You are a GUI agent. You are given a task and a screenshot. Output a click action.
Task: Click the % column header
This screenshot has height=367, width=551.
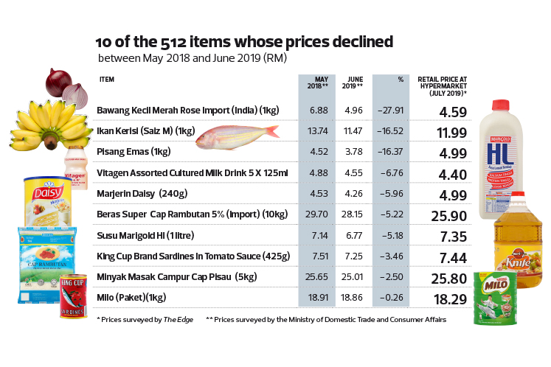pos(401,80)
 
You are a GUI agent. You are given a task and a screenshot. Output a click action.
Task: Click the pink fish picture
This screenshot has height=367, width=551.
pos(236,133)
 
